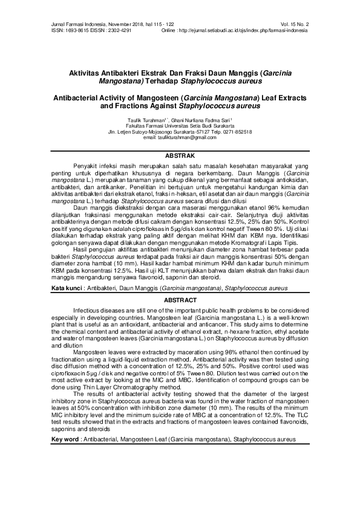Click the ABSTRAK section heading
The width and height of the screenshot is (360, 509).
[180, 155]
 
